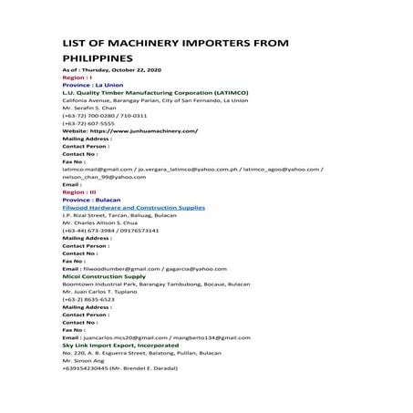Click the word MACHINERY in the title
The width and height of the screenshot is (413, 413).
(x=147, y=42)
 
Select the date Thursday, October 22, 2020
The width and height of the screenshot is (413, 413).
(x=120, y=70)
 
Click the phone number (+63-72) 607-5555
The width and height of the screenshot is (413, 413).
(x=88, y=123)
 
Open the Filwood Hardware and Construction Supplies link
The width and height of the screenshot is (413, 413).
(x=133, y=208)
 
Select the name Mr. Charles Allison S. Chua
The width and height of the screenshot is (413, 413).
(x=98, y=223)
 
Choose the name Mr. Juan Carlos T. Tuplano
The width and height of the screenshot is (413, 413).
(x=98, y=292)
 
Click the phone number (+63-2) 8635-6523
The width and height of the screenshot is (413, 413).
(x=88, y=299)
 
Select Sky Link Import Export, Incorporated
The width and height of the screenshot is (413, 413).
(x=120, y=346)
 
